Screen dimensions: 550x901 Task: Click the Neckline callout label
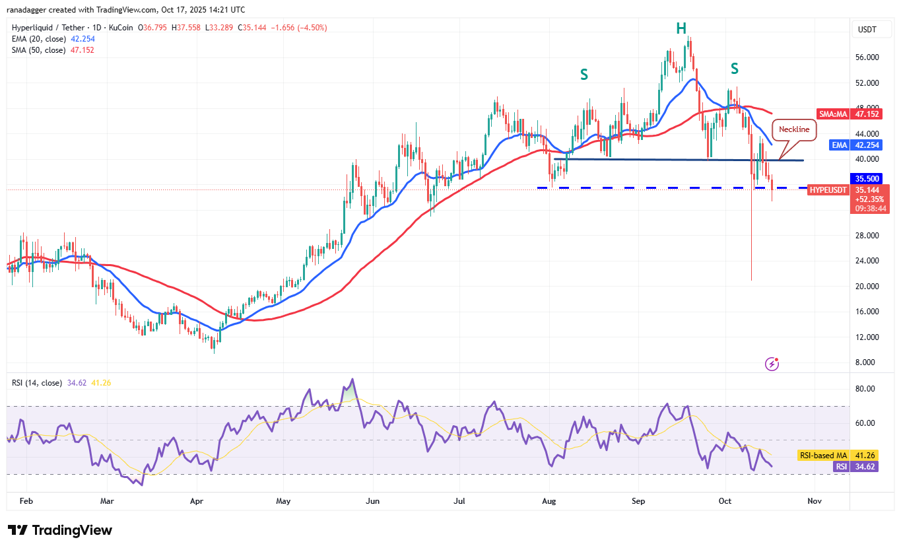794,129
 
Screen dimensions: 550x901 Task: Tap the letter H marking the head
681,28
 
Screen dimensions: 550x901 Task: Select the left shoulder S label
584,75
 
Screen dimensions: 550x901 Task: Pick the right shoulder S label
734,68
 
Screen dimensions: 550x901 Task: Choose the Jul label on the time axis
460,501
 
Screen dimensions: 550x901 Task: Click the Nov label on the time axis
815,501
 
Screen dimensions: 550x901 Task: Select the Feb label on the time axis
26,501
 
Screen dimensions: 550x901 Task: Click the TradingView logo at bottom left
60,530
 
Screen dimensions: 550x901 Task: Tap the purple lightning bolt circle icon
772,364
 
